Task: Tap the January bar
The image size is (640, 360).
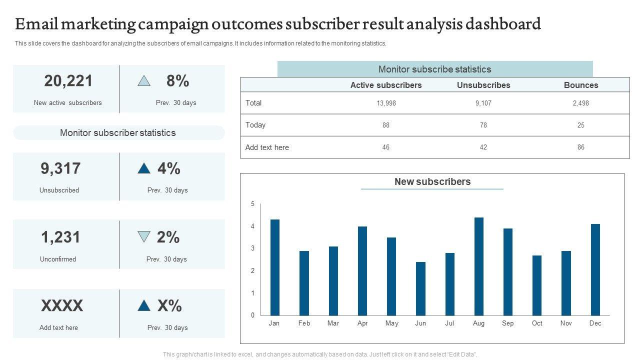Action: click(x=275, y=267)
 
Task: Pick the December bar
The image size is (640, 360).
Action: click(x=595, y=269)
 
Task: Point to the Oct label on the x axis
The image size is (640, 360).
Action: click(x=537, y=323)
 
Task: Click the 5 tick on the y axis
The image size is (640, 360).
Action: click(x=253, y=204)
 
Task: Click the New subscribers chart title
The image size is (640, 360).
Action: click(x=432, y=182)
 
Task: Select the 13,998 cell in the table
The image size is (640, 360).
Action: click(x=386, y=103)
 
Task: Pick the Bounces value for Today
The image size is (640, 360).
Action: click(x=581, y=125)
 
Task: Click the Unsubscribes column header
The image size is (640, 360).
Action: click(x=483, y=85)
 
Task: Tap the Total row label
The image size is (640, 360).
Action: click(x=253, y=103)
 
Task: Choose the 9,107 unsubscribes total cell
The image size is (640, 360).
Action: click(x=483, y=103)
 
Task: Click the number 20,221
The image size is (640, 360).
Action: click(x=68, y=81)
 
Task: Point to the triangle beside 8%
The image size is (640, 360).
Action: click(x=144, y=81)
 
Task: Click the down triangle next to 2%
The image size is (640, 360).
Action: click(x=144, y=236)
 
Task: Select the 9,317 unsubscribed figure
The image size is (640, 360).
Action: click(x=60, y=169)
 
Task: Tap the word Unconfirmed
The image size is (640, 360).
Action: click(x=58, y=259)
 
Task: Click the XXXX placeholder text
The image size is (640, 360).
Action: click(x=62, y=305)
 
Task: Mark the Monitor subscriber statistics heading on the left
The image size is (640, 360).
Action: click(x=118, y=133)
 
